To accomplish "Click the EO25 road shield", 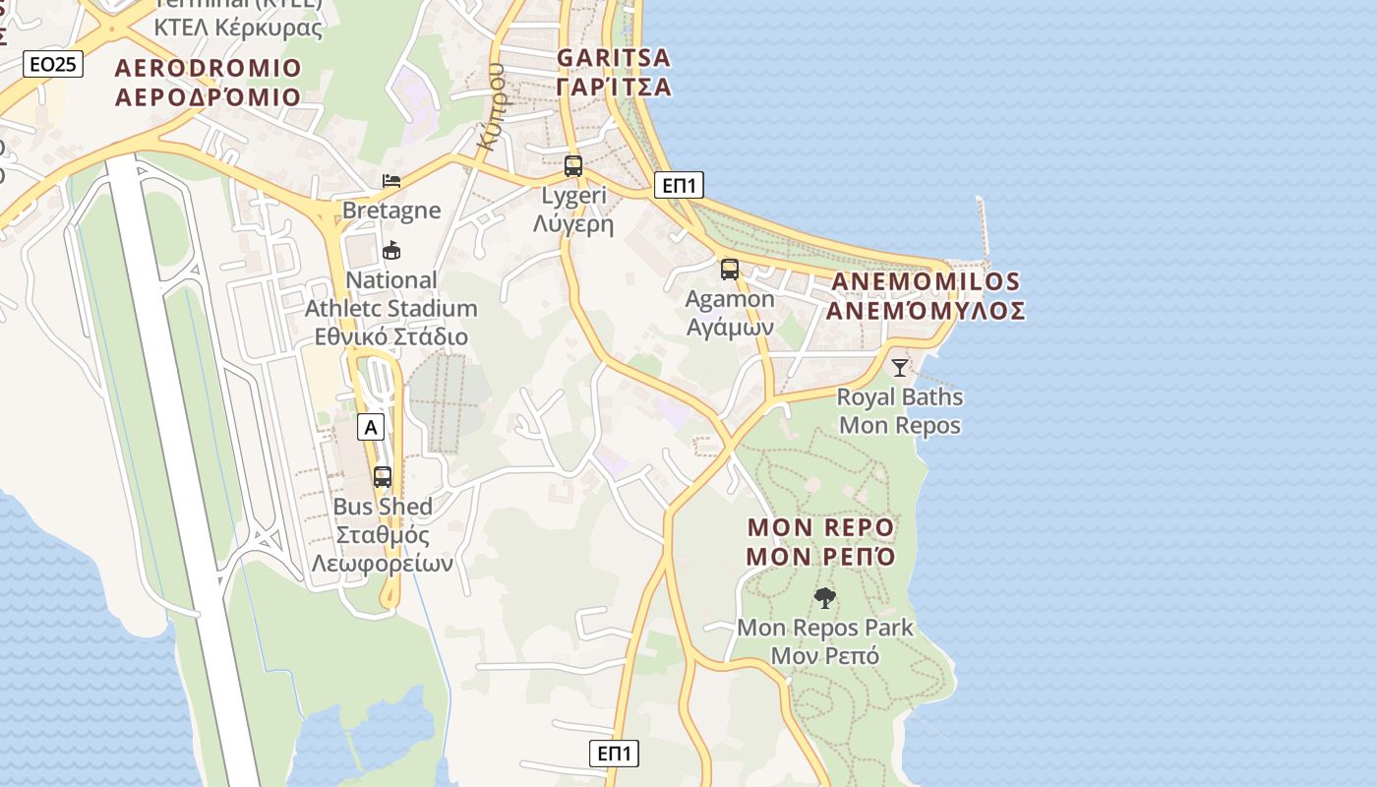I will click(53, 65).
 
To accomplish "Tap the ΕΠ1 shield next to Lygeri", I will click(679, 185).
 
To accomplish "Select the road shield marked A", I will click(370, 427).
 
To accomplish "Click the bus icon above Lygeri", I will click(573, 166).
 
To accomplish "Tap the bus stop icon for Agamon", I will click(729, 269).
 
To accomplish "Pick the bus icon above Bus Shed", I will click(383, 477).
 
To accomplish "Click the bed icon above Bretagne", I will click(391, 181).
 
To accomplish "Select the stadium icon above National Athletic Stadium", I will click(391, 250).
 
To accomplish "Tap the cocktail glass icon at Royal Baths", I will click(899, 368).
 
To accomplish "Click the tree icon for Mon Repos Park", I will click(825, 597).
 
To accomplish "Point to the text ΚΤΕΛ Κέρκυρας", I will click(238, 28).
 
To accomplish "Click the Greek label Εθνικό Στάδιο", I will click(390, 336).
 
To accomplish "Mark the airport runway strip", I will click(182, 472).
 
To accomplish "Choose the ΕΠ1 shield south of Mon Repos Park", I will click(615, 754).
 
